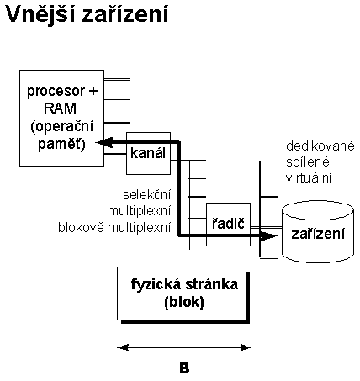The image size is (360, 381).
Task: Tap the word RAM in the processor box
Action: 61,108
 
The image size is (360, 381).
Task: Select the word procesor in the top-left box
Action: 56,92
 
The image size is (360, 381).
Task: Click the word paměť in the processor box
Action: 61,144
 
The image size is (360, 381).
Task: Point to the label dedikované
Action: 320,146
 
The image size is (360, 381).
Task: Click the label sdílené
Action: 307,162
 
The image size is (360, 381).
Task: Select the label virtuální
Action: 309,177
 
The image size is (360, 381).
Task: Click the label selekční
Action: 147,194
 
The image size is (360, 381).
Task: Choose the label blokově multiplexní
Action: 114,227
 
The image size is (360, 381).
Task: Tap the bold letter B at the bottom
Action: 184,368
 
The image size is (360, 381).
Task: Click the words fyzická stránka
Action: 184,284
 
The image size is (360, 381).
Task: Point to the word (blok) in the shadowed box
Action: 184,302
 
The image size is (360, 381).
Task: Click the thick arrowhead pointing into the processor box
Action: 104,142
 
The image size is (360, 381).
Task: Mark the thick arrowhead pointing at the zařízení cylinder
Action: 268,236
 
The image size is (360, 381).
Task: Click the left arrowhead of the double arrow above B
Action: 123,348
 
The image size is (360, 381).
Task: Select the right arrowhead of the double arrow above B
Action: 246,348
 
